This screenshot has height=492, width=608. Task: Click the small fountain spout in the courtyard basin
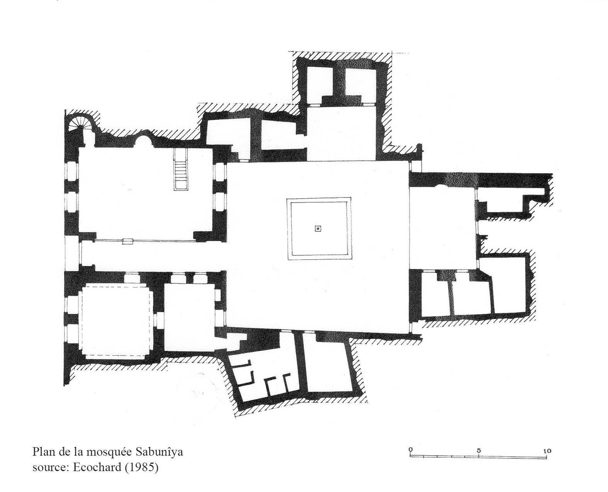tap(318, 228)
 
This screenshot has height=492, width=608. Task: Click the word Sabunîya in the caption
tap(159, 452)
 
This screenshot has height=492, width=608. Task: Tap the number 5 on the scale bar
tap(479, 451)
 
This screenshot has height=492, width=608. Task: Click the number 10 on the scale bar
tap(547, 451)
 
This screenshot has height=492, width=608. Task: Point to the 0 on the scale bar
tap(411, 450)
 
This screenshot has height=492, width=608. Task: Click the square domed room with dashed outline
tap(115, 322)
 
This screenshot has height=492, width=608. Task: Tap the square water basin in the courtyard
tap(319, 228)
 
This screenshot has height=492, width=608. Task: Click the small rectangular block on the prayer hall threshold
tap(128, 242)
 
